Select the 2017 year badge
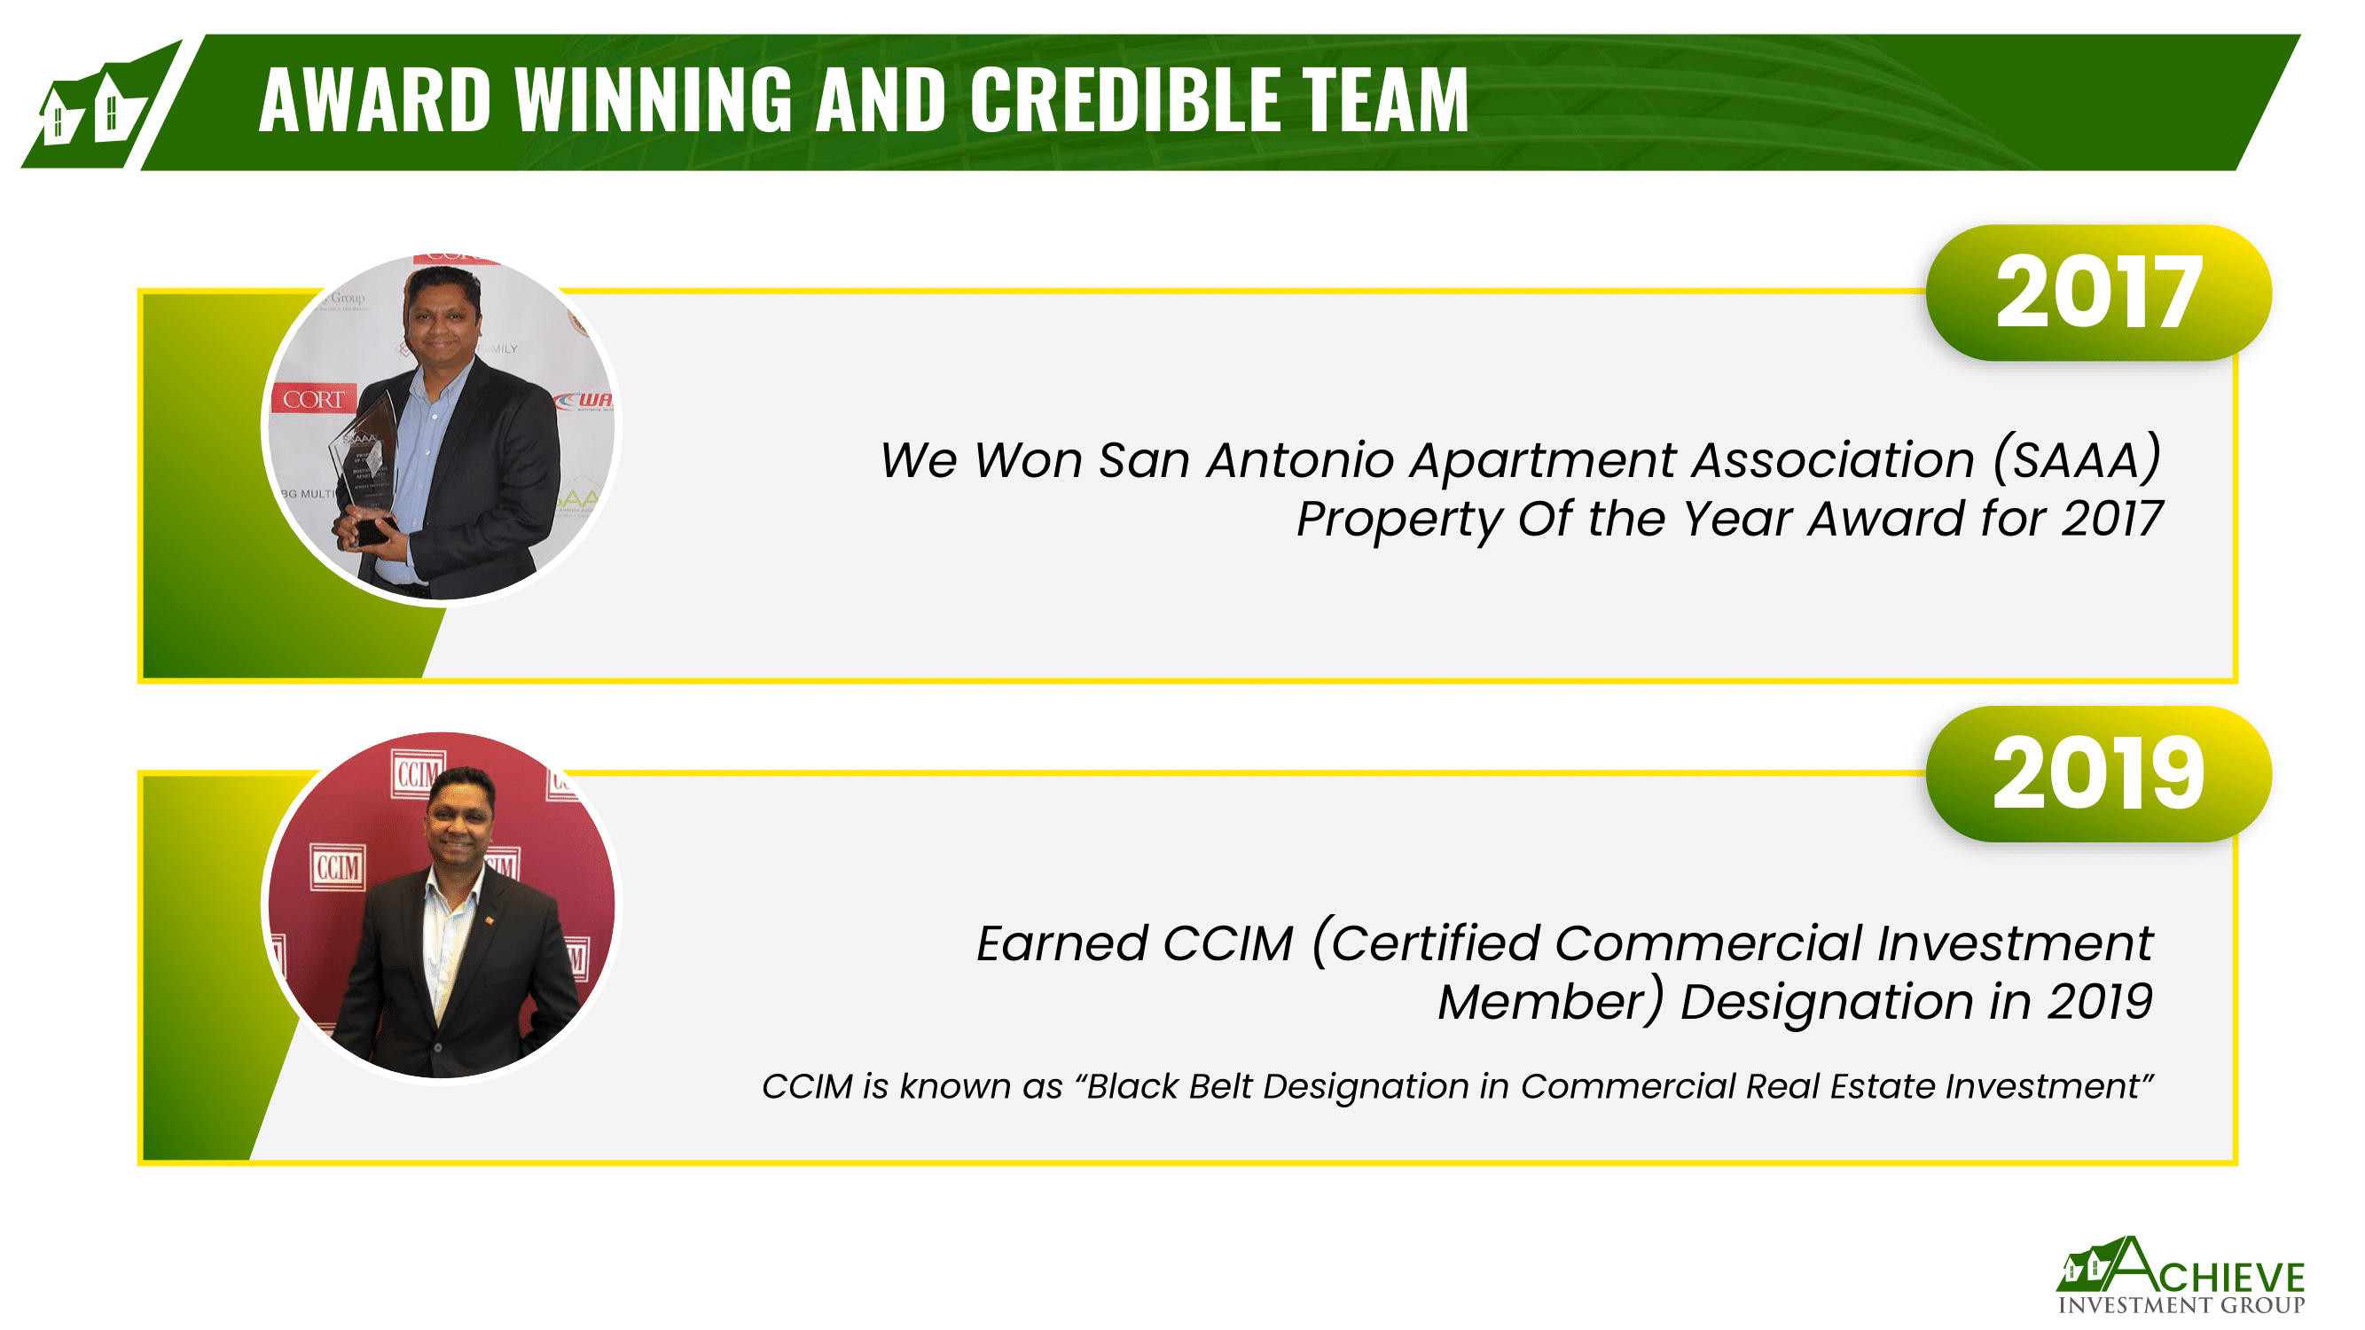(2099, 293)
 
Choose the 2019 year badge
(2099, 774)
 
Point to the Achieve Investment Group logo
(2181, 1276)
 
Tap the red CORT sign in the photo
(313, 399)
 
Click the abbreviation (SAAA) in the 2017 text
(2077, 459)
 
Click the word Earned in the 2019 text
(1062, 943)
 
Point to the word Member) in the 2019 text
(1551, 1000)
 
